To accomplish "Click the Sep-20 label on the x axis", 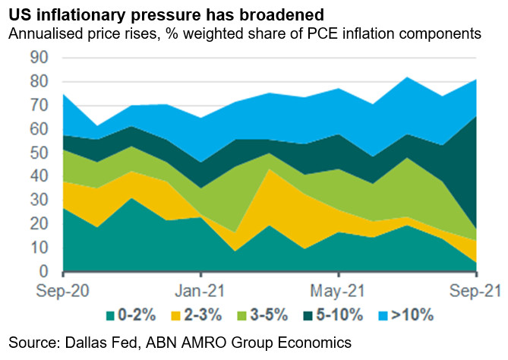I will [62, 290].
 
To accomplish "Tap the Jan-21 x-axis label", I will [200, 290].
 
